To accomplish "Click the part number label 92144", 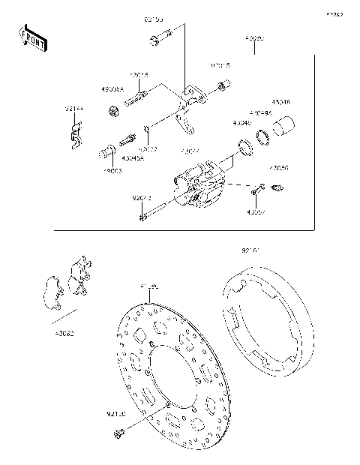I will (73, 109).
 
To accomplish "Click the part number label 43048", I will (280, 102).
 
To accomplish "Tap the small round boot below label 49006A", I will (114, 112).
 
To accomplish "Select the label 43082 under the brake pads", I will (62, 331).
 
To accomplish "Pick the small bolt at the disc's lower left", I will (118, 433).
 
